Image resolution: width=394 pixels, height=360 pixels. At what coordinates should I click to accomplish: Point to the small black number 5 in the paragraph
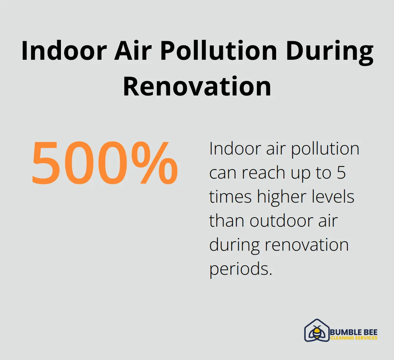(x=341, y=173)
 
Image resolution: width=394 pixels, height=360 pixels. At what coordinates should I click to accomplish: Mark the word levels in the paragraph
(x=334, y=197)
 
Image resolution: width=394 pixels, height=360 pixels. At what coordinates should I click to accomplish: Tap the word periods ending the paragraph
(x=241, y=269)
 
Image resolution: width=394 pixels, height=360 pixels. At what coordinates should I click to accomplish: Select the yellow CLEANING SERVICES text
(x=354, y=338)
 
